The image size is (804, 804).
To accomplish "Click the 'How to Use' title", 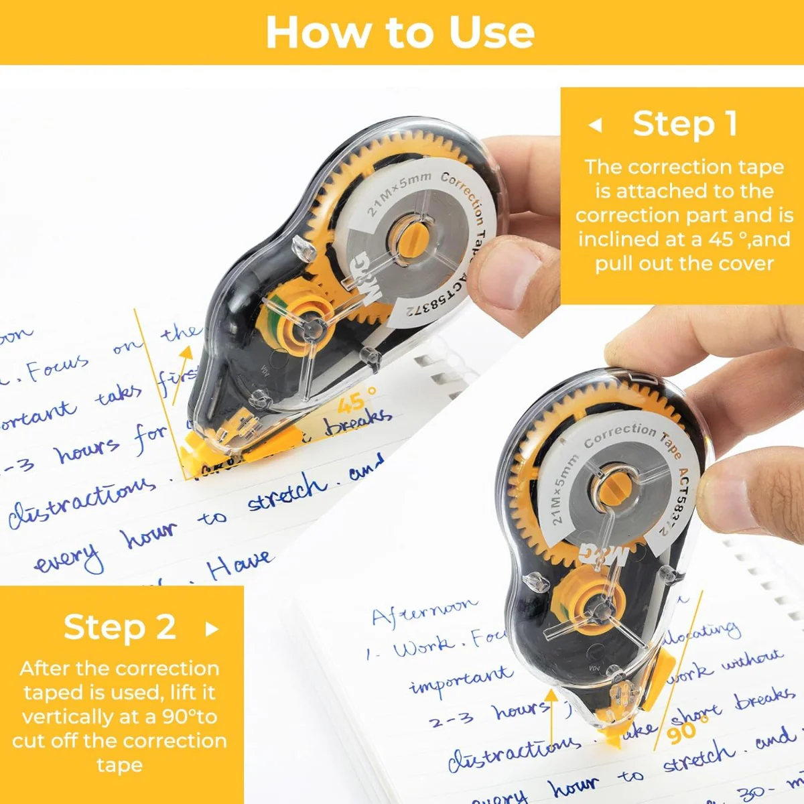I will pyautogui.click(x=401, y=32).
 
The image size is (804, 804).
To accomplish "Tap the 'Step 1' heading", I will pyautogui.click(x=685, y=124).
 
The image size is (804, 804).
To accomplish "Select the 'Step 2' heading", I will pyautogui.click(x=120, y=627).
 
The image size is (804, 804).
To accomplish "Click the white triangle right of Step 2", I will pyautogui.click(x=212, y=628).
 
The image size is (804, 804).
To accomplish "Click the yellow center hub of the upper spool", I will pyautogui.click(x=408, y=237).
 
